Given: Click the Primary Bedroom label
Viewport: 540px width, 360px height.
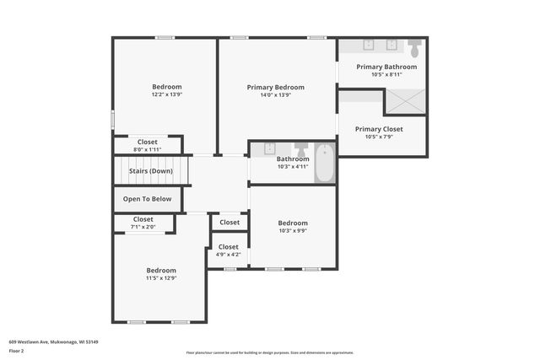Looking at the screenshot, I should [x=275, y=87].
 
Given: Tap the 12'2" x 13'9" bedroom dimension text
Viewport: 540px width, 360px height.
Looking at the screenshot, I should [x=166, y=94].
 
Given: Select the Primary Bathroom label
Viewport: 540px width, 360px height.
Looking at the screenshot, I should [x=386, y=67].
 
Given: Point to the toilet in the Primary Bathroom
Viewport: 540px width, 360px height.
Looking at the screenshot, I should [x=414, y=46].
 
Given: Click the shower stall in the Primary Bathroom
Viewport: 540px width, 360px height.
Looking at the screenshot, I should [x=406, y=101].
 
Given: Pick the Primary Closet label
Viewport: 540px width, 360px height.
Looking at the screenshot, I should [x=379, y=129].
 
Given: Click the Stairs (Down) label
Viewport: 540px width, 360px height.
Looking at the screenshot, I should [x=150, y=171].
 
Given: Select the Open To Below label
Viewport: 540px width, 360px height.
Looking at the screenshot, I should [x=147, y=199].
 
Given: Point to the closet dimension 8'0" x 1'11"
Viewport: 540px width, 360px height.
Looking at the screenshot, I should [x=147, y=149].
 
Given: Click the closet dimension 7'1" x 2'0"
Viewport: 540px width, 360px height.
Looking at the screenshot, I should [x=143, y=227].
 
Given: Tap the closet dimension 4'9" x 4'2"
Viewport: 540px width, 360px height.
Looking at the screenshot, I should [x=228, y=254].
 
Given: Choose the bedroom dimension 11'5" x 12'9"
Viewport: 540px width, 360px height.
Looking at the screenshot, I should [x=160, y=277].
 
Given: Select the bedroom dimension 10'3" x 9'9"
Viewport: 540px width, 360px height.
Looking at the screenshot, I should [x=293, y=231].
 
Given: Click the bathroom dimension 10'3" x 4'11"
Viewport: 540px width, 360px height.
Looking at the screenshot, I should [x=293, y=166].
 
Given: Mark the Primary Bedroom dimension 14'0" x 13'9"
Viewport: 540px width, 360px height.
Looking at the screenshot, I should [x=275, y=94].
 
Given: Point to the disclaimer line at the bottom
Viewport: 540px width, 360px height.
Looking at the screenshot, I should [x=269, y=352].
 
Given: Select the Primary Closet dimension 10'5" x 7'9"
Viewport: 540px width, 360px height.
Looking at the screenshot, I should [x=379, y=137].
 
